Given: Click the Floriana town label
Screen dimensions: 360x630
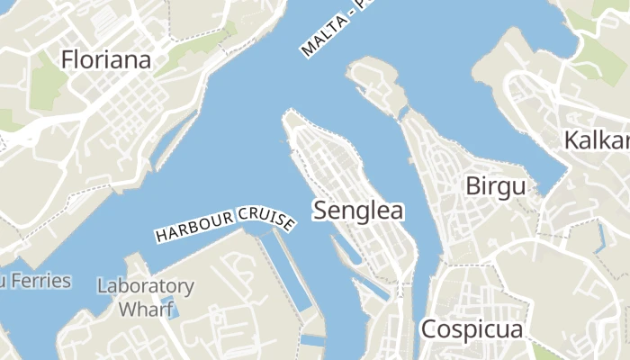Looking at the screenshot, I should coord(105,60).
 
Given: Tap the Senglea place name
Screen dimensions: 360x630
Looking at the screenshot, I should coord(358,211).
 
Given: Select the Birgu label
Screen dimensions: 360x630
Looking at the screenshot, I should coord(496,186).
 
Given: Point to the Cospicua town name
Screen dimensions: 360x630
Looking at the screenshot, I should coord(472,328).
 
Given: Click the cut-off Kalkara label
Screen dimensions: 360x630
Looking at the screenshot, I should coord(597,140).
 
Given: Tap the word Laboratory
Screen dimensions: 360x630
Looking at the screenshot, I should coord(145,287).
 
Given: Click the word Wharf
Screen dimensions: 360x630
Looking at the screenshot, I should coord(146,309).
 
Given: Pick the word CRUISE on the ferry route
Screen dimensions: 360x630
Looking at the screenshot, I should coord(266,217).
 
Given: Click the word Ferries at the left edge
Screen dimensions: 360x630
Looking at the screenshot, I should coord(40,281).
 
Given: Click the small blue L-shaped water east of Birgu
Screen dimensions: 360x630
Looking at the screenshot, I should coord(600,236).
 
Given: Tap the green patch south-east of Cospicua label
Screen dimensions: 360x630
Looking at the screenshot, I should coord(544,351).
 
